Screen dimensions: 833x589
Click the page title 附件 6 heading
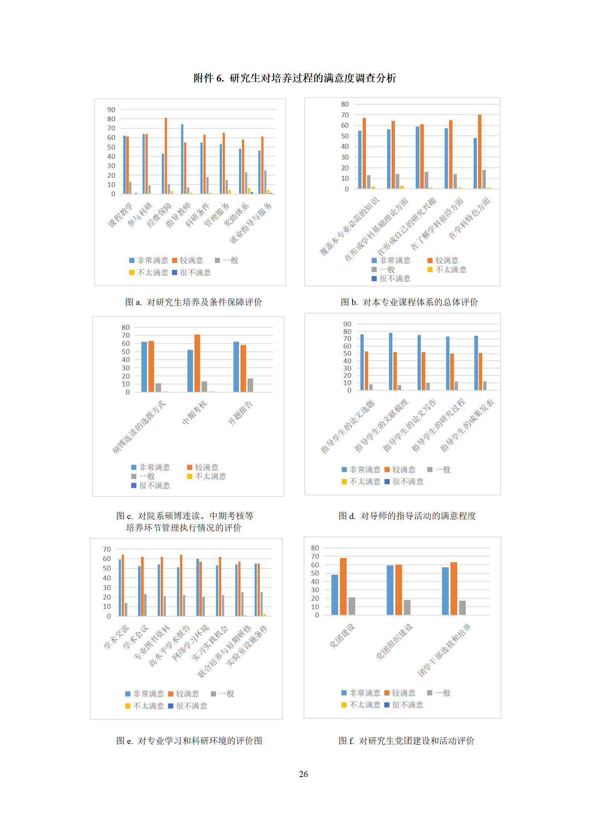tap(295, 78)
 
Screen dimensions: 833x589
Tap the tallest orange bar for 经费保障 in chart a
tap(166, 156)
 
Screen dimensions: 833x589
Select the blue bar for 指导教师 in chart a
tap(182, 159)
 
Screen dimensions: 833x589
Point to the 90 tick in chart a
tap(111, 110)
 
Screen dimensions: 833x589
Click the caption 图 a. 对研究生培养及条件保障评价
tap(193, 302)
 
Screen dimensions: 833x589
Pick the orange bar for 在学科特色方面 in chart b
tap(480, 151)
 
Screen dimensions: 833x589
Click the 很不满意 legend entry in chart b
tap(391, 279)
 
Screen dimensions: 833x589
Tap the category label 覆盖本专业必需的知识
tap(350, 226)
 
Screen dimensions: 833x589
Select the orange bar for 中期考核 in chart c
tap(197, 363)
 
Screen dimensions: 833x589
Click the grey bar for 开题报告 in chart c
tap(250, 385)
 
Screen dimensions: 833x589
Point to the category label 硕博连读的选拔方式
tap(139, 427)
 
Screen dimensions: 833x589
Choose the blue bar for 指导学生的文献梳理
tap(390, 361)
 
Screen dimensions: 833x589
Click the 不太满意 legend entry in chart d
tap(361, 482)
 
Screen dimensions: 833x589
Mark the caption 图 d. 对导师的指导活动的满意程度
tap(407, 516)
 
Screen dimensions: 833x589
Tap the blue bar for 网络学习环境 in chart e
tap(198, 587)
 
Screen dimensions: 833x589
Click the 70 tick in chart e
tap(107, 550)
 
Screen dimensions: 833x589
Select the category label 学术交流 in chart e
tap(117, 637)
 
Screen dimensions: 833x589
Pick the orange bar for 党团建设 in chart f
tap(343, 586)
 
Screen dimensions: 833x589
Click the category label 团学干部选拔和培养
tap(444, 650)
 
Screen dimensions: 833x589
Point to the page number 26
tap(303, 774)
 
